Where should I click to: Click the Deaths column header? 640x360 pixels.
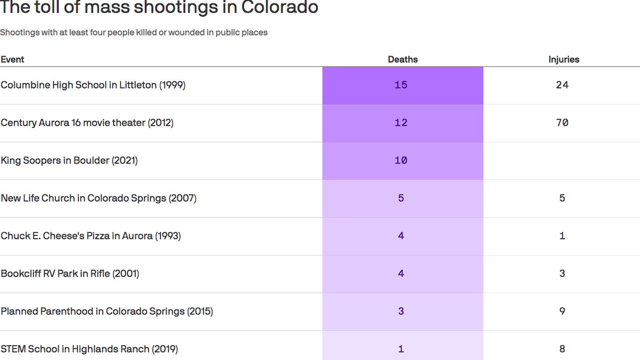point(402,60)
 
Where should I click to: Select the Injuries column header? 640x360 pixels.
point(564,60)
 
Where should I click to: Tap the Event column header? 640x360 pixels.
point(13,60)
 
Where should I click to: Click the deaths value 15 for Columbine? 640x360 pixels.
point(401,85)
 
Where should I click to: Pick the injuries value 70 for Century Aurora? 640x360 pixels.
point(562,123)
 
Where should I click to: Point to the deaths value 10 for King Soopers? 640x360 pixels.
point(401,160)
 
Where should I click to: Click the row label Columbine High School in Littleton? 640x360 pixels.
point(93,85)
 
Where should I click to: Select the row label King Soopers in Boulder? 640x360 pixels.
point(69,160)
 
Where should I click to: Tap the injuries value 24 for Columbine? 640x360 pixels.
point(562,85)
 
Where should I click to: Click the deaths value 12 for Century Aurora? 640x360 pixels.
point(401,123)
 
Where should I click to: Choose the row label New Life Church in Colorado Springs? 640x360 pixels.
point(98,198)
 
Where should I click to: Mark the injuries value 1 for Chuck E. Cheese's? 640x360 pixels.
point(562,236)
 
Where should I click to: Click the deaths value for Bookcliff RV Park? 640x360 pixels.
point(401,274)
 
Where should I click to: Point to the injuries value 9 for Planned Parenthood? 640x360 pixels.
point(562,311)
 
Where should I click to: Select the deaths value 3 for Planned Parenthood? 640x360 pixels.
point(401,311)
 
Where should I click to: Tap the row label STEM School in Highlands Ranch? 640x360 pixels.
point(89,349)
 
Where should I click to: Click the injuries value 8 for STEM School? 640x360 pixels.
point(562,349)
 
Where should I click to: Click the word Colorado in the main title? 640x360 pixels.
point(280,7)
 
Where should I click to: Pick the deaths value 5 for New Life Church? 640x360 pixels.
point(401,198)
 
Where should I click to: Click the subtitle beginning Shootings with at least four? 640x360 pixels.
point(134,32)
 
